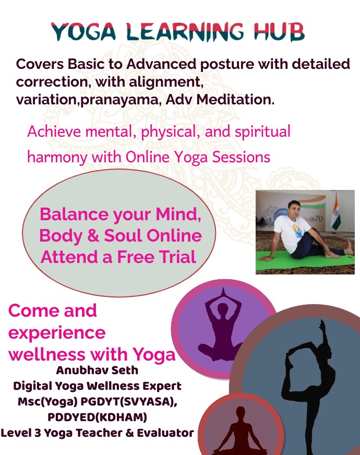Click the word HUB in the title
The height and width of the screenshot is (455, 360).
tap(279, 31)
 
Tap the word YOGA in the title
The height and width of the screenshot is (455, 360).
tap(84, 31)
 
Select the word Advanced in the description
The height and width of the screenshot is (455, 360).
tap(161, 64)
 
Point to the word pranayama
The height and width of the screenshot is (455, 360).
tap(119, 100)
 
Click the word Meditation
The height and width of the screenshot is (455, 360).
tap(235, 99)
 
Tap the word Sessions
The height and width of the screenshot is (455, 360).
tap(241, 157)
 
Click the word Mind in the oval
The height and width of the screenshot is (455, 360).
tap(178, 214)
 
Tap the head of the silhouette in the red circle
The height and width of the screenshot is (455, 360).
tap(241, 413)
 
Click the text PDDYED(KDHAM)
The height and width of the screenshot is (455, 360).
tap(97, 417)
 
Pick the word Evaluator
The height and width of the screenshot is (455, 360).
tap(165, 433)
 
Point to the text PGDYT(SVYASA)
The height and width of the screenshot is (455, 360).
tap(129, 402)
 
